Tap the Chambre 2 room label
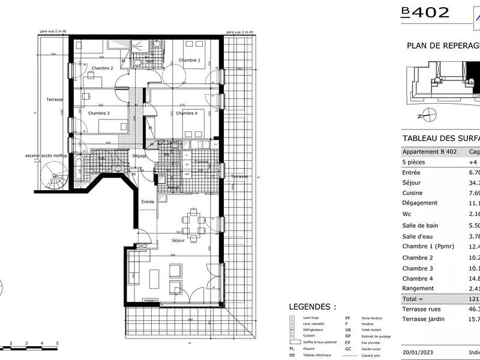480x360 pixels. coord(102,68)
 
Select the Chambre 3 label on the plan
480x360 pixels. coord(98,113)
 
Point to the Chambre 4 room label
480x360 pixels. coord(187,113)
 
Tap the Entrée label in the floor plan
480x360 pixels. coord(148,202)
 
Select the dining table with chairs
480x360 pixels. coord(193,222)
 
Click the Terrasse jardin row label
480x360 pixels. coord(423,319)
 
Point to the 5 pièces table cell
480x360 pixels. coord(415,162)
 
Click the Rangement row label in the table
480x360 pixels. coord(419,288)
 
